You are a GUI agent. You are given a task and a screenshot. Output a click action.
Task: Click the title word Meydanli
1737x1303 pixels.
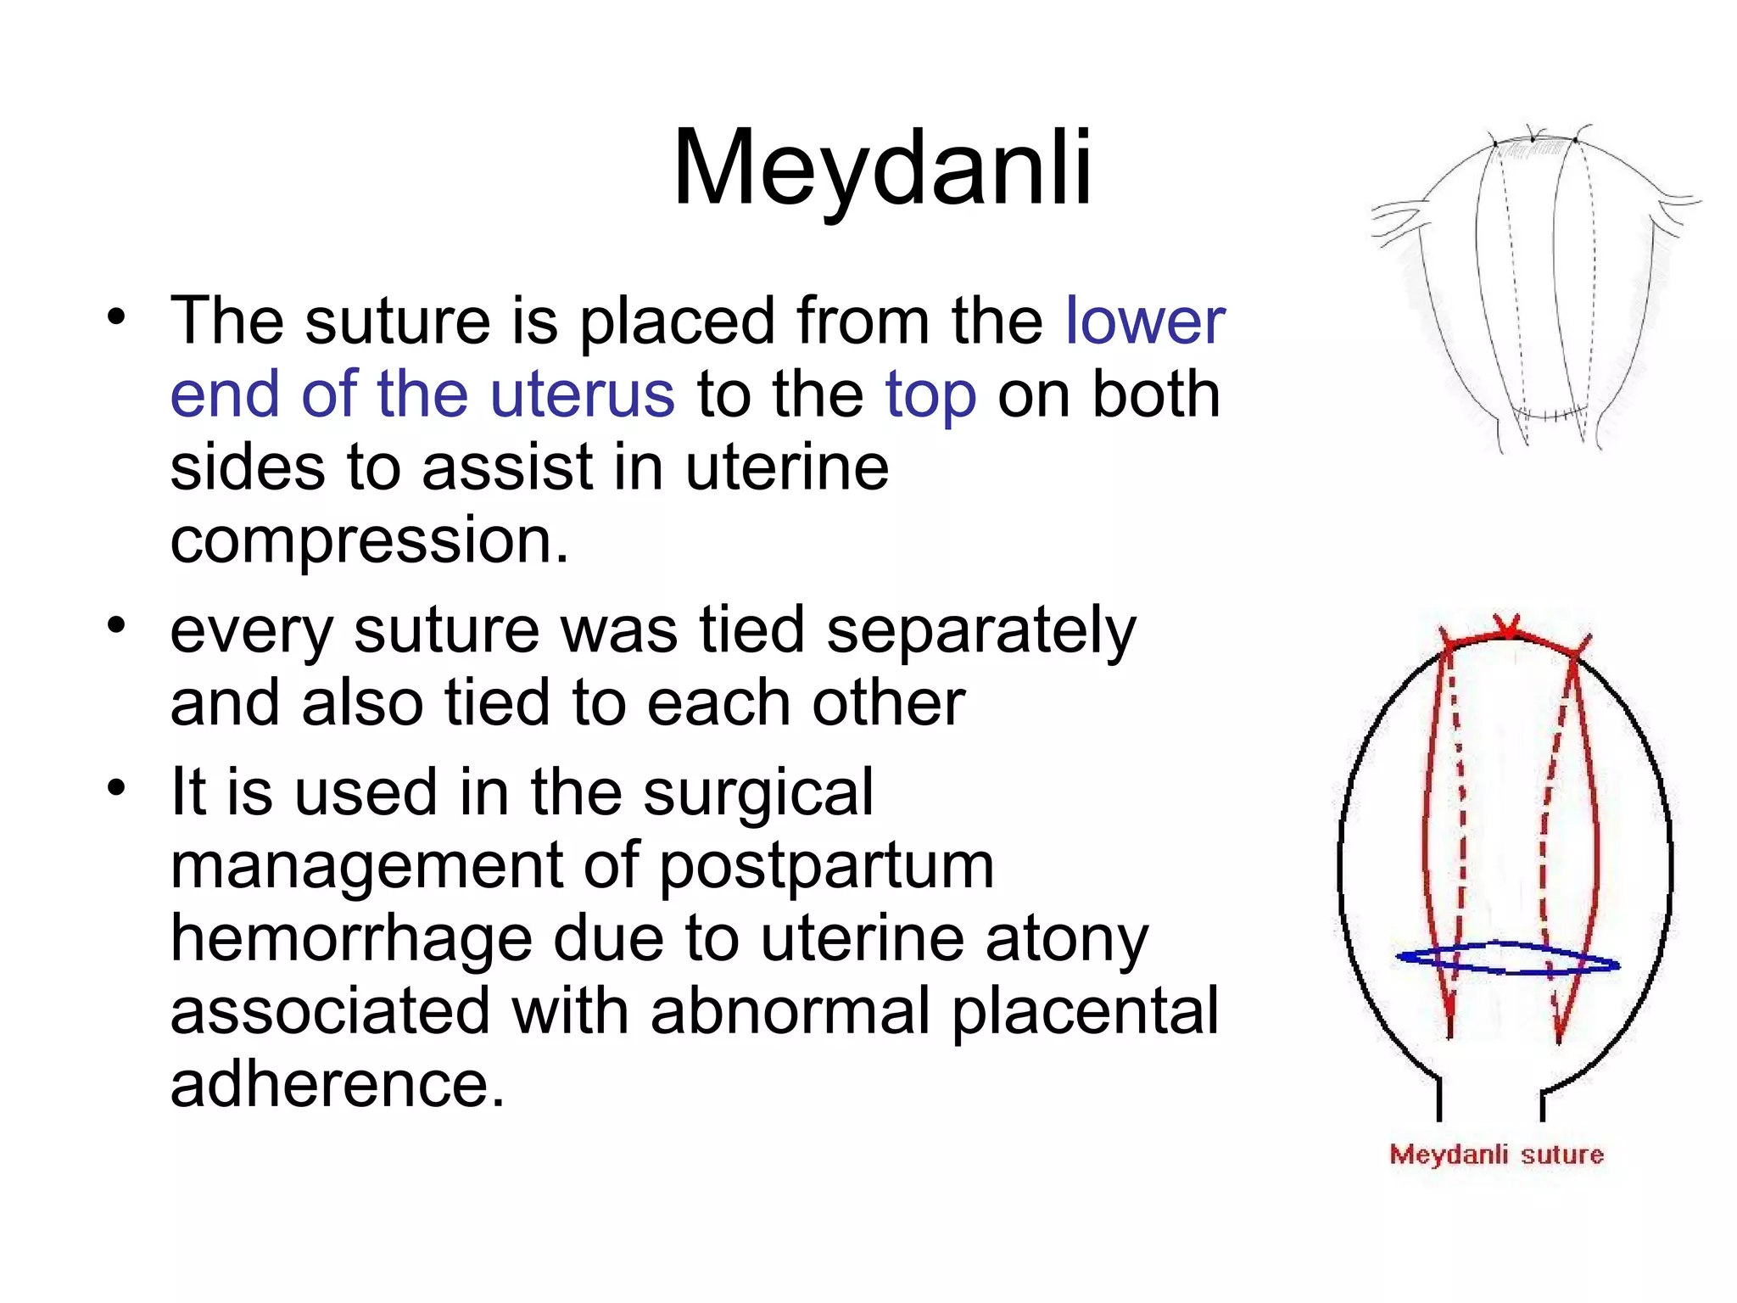tap(882, 167)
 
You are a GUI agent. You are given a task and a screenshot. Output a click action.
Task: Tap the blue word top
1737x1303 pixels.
tap(930, 395)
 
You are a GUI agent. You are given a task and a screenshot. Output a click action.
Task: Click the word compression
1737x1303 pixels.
tap(369, 540)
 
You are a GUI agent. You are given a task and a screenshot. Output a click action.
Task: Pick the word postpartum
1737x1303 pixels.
tap(826, 866)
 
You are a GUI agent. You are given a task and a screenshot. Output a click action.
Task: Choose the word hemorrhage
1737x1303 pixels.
tap(350, 939)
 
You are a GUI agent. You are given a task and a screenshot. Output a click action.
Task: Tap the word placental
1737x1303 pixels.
tap(1085, 1011)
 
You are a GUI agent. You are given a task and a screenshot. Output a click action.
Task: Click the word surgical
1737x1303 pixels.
tap(757, 792)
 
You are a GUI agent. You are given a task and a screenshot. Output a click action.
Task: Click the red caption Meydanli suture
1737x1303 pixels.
tap(1496, 1155)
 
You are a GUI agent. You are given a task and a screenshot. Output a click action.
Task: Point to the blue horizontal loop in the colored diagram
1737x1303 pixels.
tap(1507, 959)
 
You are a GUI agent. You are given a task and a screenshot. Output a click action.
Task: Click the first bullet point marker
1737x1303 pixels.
tap(116, 318)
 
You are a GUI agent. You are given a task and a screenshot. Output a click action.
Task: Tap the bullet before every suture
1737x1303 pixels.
tap(116, 627)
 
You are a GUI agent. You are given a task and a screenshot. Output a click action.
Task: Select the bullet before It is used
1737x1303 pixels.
tap(116, 789)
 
